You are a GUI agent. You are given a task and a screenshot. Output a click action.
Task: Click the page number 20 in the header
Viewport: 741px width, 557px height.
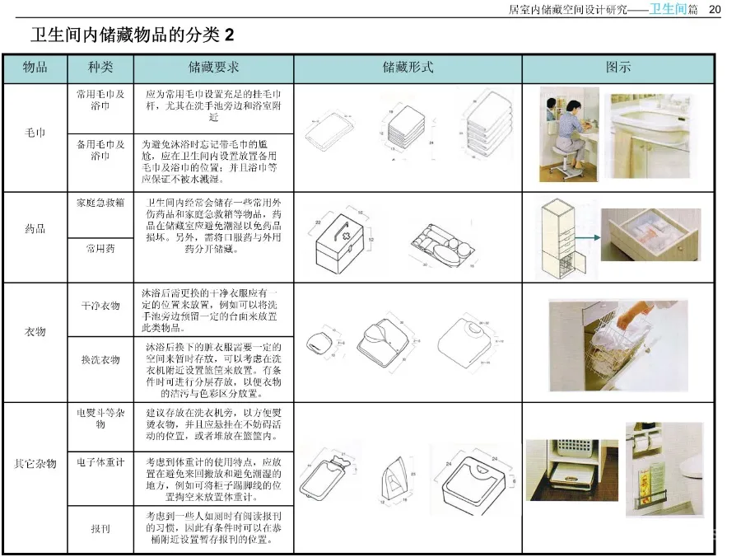714,9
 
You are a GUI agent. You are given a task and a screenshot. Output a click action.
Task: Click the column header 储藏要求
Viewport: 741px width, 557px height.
214,68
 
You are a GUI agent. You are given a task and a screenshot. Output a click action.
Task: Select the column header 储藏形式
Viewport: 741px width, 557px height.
408,68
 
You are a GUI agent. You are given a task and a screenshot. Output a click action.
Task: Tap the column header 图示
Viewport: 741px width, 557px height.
617,68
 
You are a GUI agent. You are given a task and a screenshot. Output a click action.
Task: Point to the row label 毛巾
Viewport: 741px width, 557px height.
35,133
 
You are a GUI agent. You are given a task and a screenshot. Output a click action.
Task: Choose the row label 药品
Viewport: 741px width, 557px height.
35,228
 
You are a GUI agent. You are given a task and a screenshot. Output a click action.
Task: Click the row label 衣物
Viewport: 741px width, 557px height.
35,332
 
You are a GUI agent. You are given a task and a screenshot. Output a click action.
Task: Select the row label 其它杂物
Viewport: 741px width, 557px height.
35,464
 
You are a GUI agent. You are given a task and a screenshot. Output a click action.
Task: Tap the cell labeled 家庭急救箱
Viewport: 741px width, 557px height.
100,203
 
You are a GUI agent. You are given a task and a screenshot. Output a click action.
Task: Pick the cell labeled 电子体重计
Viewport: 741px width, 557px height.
100,462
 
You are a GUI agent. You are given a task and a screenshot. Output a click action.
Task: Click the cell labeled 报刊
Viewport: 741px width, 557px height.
100,529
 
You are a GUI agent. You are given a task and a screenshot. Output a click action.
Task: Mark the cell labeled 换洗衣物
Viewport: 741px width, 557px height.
100,360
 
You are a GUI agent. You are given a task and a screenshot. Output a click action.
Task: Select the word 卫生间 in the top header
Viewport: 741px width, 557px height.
667,9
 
